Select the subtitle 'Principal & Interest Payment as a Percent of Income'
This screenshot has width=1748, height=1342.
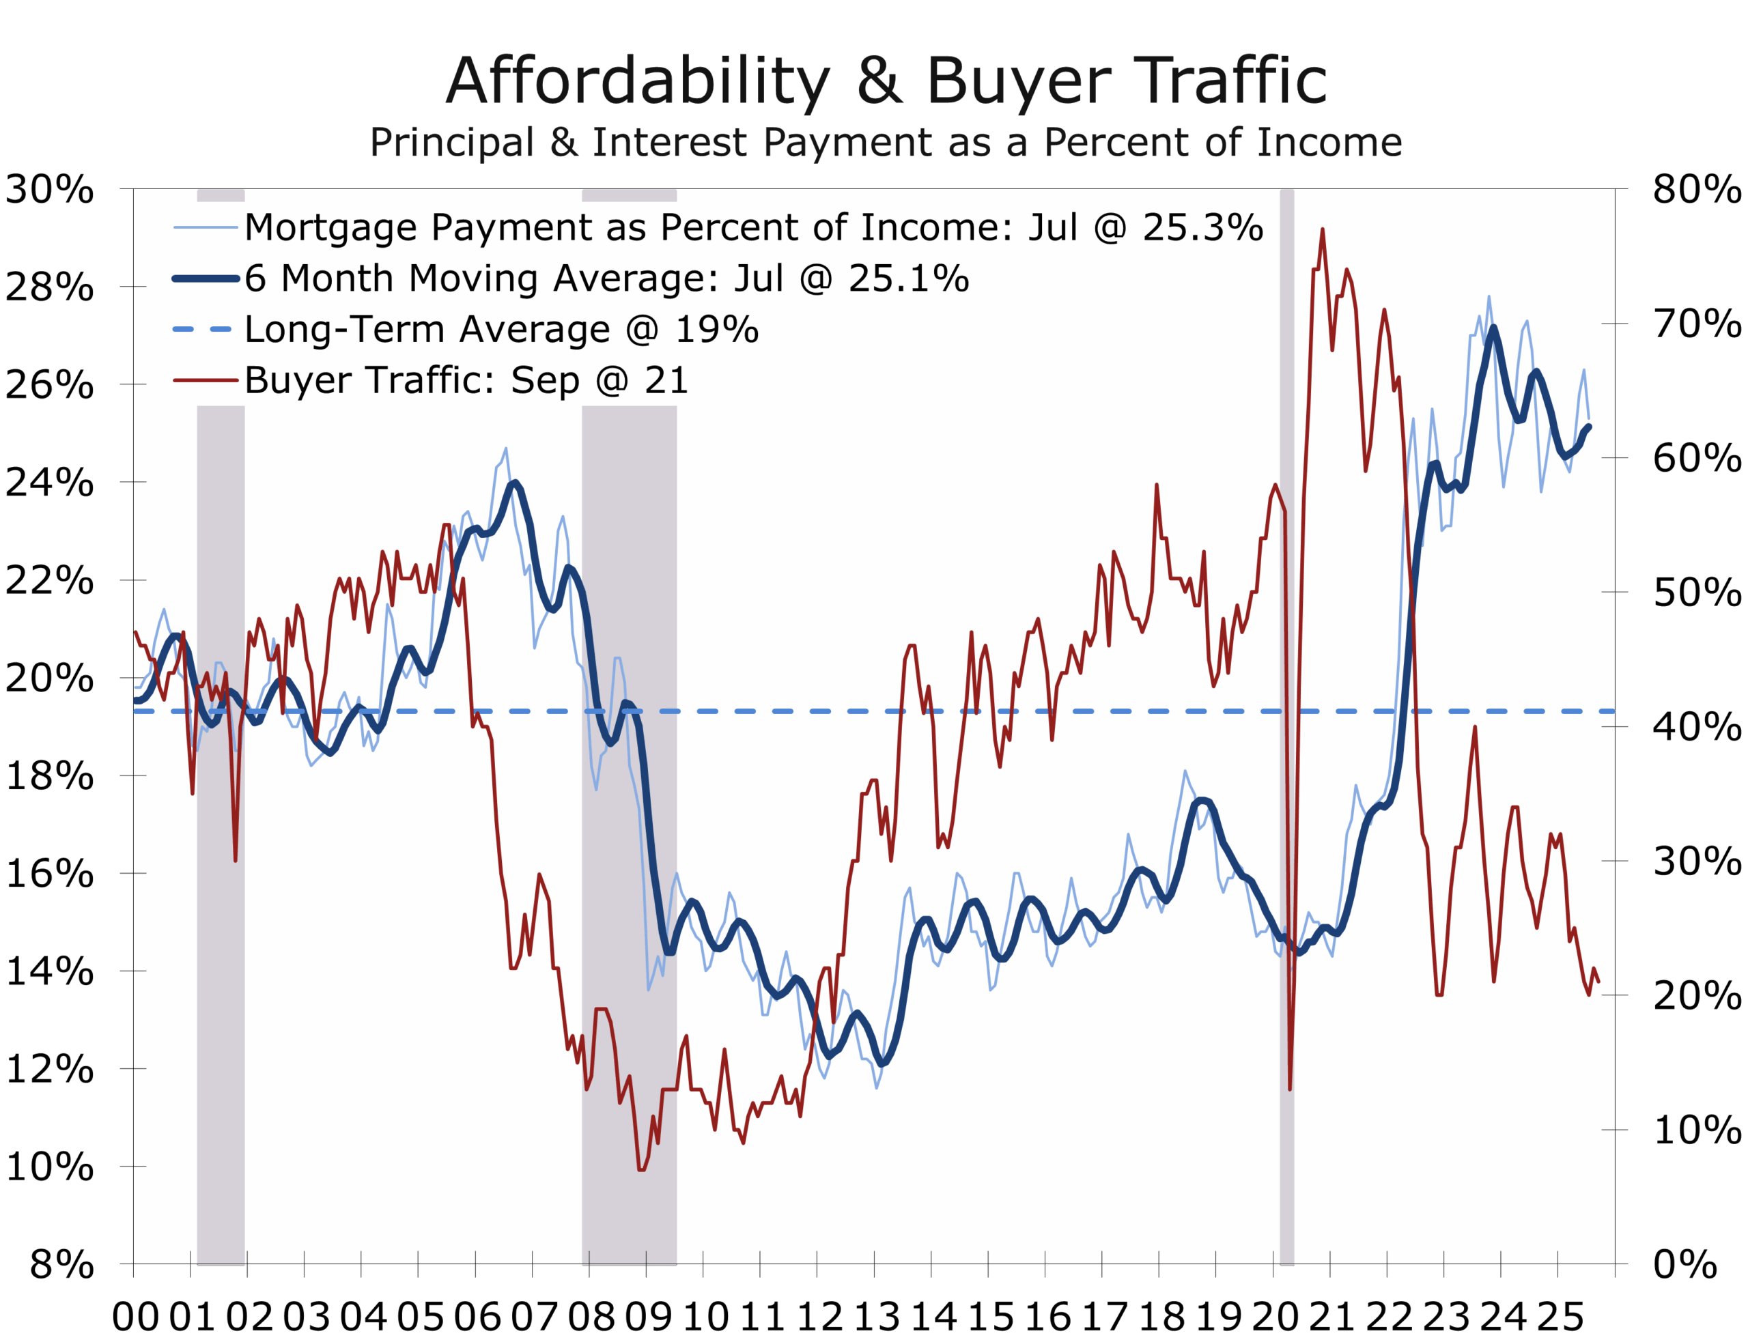[x=885, y=142]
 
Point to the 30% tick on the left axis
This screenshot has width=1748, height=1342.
[x=50, y=190]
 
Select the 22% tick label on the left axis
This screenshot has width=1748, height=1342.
[x=50, y=580]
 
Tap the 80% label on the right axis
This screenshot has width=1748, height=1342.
[x=1697, y=190]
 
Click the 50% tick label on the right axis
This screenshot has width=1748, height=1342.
[x=1697, y=593]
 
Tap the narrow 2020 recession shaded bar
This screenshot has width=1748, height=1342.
[x=1286, y=719]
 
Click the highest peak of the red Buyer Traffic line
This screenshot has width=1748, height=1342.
[x=1322, y=230]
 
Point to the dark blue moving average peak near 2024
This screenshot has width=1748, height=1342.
[x=1493, y=328]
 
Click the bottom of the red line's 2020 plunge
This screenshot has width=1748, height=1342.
[x=1289, y=1088]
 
